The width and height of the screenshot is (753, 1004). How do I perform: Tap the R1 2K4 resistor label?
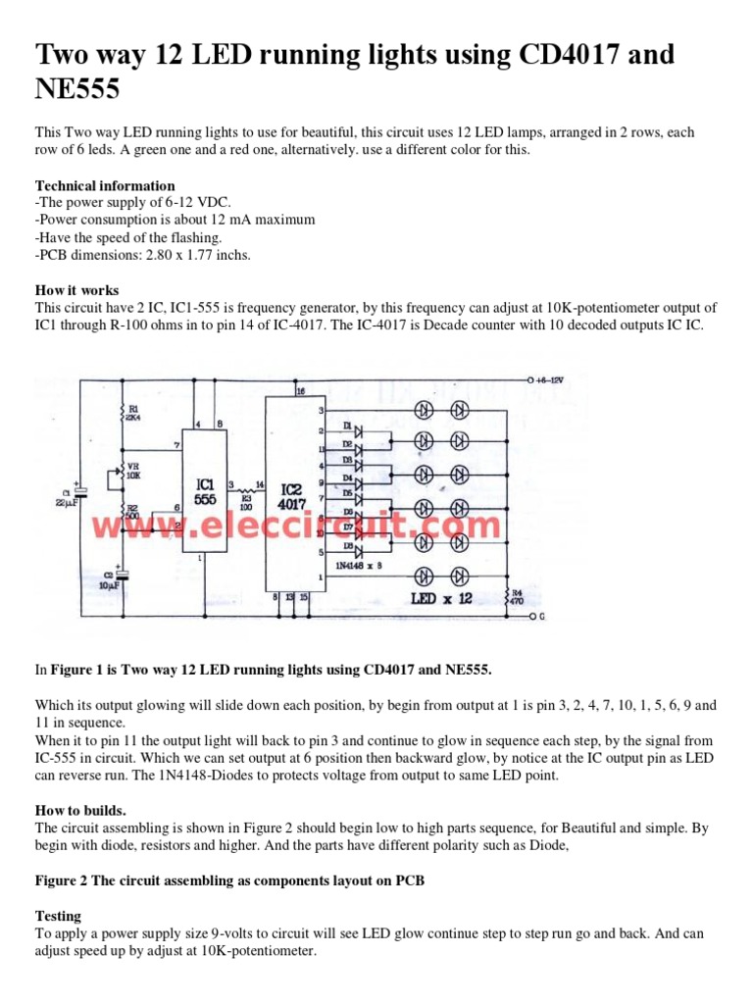click(131, 413)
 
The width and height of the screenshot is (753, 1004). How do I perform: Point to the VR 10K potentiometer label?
click(132, 472)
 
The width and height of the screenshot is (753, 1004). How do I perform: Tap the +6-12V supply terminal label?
click(555, 379)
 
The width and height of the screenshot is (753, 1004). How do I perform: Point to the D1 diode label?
click(347, 425)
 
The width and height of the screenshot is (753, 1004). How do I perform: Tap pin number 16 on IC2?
click(300, 391)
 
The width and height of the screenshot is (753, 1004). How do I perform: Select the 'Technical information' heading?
click(105, 185)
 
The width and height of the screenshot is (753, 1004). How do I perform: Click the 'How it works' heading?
click(77, 290)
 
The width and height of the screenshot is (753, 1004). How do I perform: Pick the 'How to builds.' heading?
click(80, 810)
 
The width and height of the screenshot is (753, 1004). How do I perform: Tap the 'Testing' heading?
click(61, 914)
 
